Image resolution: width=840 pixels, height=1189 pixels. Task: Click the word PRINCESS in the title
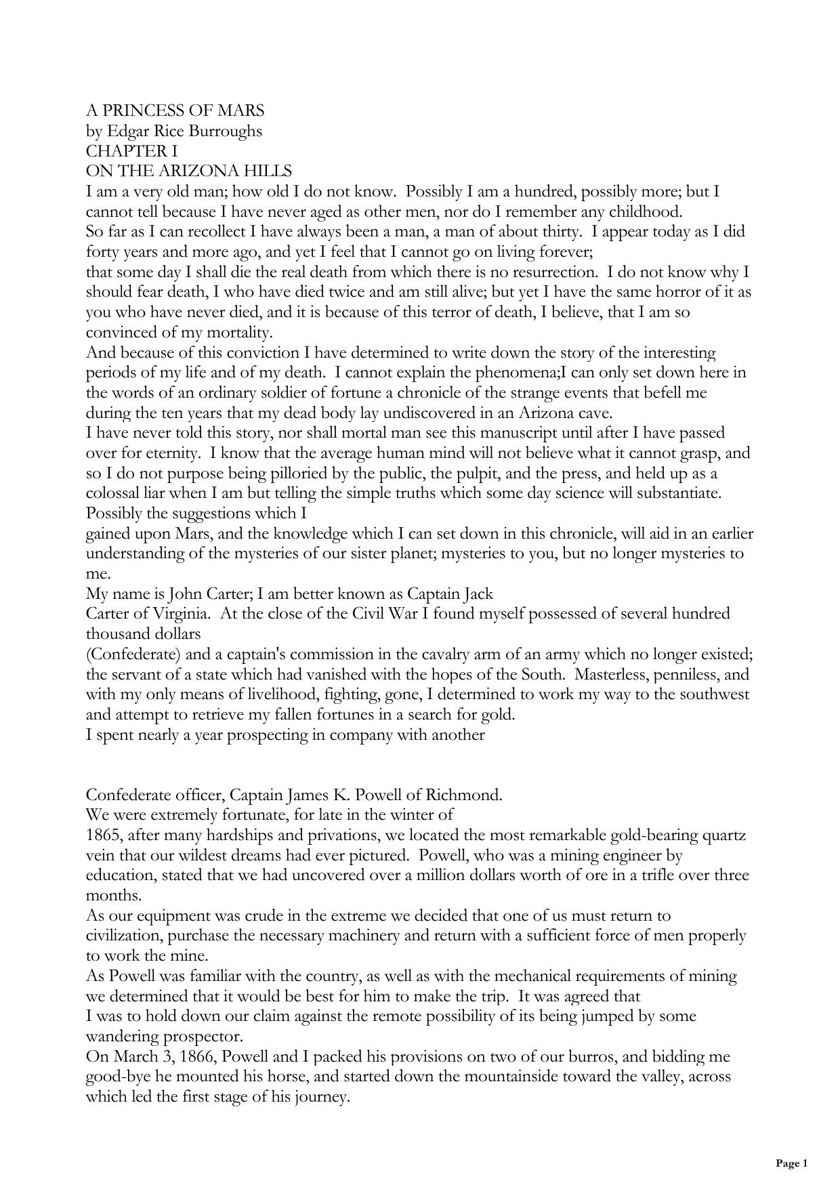pos(142,110)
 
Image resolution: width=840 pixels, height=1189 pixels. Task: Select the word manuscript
pos(505,433)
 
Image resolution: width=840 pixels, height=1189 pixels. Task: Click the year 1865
pos(102,835)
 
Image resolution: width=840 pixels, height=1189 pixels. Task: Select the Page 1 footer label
pos(791,1163)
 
